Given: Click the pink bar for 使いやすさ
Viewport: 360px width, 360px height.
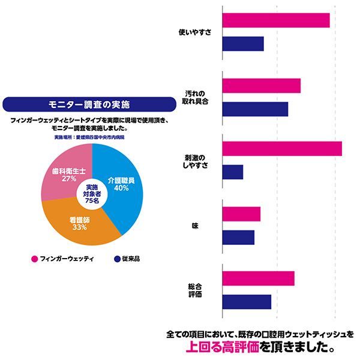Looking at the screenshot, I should [276, 20].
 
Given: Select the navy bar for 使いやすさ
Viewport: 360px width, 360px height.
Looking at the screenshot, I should [243, 44].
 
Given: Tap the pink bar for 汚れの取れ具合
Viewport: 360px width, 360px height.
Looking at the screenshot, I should [261, 86].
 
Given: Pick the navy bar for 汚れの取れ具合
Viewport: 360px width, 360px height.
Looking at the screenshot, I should [255, 109].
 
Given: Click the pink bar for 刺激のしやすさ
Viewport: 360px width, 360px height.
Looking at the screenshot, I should [282, 149].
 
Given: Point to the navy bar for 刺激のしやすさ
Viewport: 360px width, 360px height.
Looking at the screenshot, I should [233, 172].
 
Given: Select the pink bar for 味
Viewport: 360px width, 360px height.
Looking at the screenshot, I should [241, 214].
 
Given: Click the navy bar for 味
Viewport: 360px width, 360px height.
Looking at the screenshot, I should [238, 238].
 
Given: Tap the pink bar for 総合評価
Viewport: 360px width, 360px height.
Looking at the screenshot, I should [258, 278].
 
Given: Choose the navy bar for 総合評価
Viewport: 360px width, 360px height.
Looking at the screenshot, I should [247, 302].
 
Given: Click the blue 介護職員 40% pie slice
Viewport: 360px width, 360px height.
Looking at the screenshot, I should [123, 180].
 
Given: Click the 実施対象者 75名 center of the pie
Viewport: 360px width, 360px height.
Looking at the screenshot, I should [92, 193].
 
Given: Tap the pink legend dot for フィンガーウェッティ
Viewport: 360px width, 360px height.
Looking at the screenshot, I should [34, 259].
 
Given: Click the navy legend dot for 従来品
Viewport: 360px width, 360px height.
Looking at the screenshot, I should [116, 259].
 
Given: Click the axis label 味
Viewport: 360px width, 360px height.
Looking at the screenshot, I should [195, 226].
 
